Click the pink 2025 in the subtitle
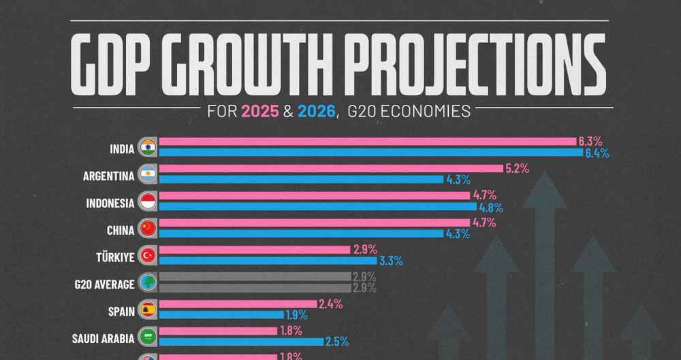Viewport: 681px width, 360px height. (259, 111)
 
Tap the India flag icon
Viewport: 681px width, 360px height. (148, 148)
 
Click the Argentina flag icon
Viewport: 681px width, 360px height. (148, 174)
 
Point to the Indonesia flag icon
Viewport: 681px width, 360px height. (148, 201)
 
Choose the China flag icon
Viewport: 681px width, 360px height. (148, 228)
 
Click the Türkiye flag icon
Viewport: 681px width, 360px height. (148, 255)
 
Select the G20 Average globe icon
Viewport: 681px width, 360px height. (148, 282)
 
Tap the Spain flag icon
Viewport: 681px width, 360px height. (148, 309)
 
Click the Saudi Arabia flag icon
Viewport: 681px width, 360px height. (148, 336)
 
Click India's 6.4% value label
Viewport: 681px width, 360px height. (597, 154)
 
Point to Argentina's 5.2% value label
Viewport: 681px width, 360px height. (516, 168)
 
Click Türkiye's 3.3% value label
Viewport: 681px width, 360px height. (391, 261)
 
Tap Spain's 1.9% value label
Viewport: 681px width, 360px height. (296, 315)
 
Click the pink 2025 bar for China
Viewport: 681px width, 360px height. (314, 222)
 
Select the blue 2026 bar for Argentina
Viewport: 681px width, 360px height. (300, 180)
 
